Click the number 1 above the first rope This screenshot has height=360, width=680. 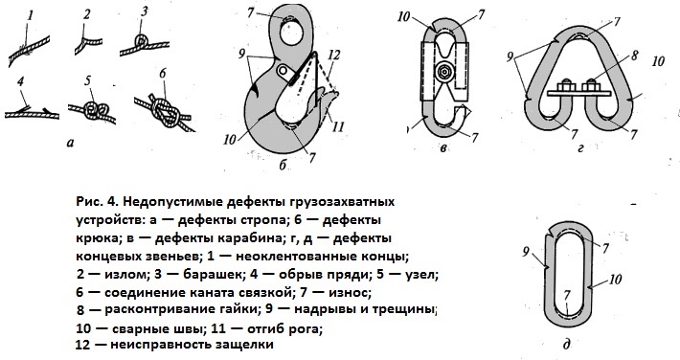(30, 15)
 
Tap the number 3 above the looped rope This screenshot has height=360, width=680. (145, 12)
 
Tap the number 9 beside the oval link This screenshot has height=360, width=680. (528, 253)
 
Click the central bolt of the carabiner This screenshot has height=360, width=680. (445, 72)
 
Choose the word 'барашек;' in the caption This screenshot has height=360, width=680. (182, 274)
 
